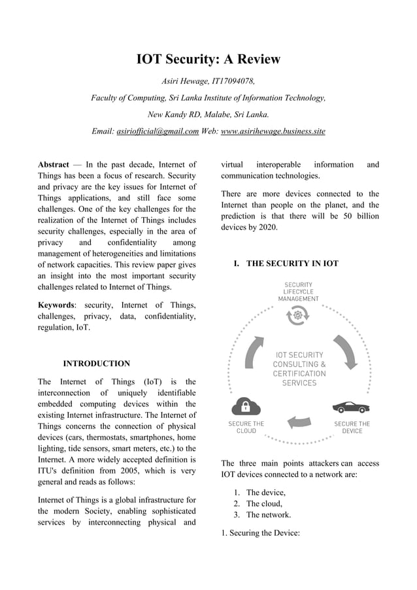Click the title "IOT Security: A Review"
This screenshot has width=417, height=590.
208,60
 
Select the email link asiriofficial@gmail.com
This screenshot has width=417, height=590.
158,131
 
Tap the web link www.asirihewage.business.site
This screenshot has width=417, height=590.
273,131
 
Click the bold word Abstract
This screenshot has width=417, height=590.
54,165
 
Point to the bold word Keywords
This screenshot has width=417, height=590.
56,305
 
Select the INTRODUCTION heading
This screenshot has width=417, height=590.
96,364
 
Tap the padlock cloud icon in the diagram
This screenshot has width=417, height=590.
246,406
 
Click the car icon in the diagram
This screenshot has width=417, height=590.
352,407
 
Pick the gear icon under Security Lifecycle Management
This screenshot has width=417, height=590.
298,316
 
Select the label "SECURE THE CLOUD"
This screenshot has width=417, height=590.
246,427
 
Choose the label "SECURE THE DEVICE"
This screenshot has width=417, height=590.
352,427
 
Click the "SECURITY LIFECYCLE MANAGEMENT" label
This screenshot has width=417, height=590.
298,292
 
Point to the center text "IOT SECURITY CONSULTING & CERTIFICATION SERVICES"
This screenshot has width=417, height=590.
299,369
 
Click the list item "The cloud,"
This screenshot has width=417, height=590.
264,504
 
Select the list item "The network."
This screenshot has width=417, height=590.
268,515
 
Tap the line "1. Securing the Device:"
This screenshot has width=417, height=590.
260,533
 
